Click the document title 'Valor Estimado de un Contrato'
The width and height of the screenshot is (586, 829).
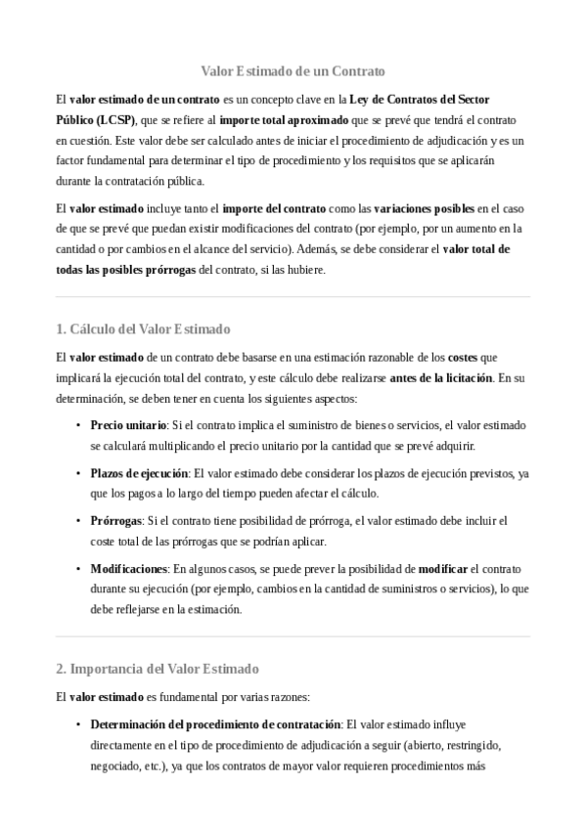(x=293, y=71)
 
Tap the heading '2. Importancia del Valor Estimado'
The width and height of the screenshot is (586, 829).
(x=157, y=669)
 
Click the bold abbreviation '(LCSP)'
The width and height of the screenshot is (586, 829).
(x=116, y=119)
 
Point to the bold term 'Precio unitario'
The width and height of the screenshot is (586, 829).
(x=128, y=426)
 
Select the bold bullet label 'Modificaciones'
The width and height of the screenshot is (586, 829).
(x=129, y=568)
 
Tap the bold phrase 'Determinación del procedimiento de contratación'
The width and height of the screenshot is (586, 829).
(x=214, y=724)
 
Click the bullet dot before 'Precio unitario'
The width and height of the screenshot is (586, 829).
(x=77, y=426)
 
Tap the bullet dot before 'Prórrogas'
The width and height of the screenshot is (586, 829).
(x=77, y=521)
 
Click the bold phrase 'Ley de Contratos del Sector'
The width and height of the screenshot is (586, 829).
(x=419, y=100)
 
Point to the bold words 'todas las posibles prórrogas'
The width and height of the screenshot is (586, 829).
(x=125, y=270)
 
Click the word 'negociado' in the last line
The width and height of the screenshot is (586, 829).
(x=114, y=765)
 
